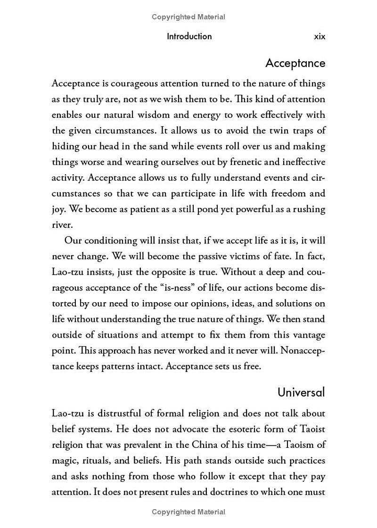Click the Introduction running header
(x=189, y=36)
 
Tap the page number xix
(x=320, y=36)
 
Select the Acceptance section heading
(x=295, y=63)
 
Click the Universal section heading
(x=301, y=392)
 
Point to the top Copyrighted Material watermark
(x=188, y=17)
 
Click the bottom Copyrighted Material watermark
(x=188, y=512)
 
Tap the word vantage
(x=309, y=335)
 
